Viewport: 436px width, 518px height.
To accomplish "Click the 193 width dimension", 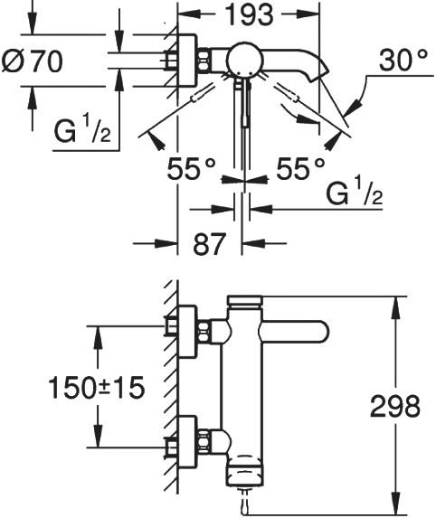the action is tap(249, 14).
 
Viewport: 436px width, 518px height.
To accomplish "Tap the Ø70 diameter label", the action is tap(32, 61).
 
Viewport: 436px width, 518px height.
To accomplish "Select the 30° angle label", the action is tap(403, 61).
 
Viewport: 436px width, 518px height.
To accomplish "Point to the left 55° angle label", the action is tap(192, 169).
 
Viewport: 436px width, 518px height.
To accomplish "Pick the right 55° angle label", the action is tap(300, 169).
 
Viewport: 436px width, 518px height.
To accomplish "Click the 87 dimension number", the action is tap(210, 244).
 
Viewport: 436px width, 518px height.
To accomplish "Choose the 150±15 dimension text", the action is tap(97, 388).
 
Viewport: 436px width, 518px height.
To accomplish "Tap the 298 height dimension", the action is tap(395, 406).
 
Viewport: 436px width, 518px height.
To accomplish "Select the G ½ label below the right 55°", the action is tap(355, 192).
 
